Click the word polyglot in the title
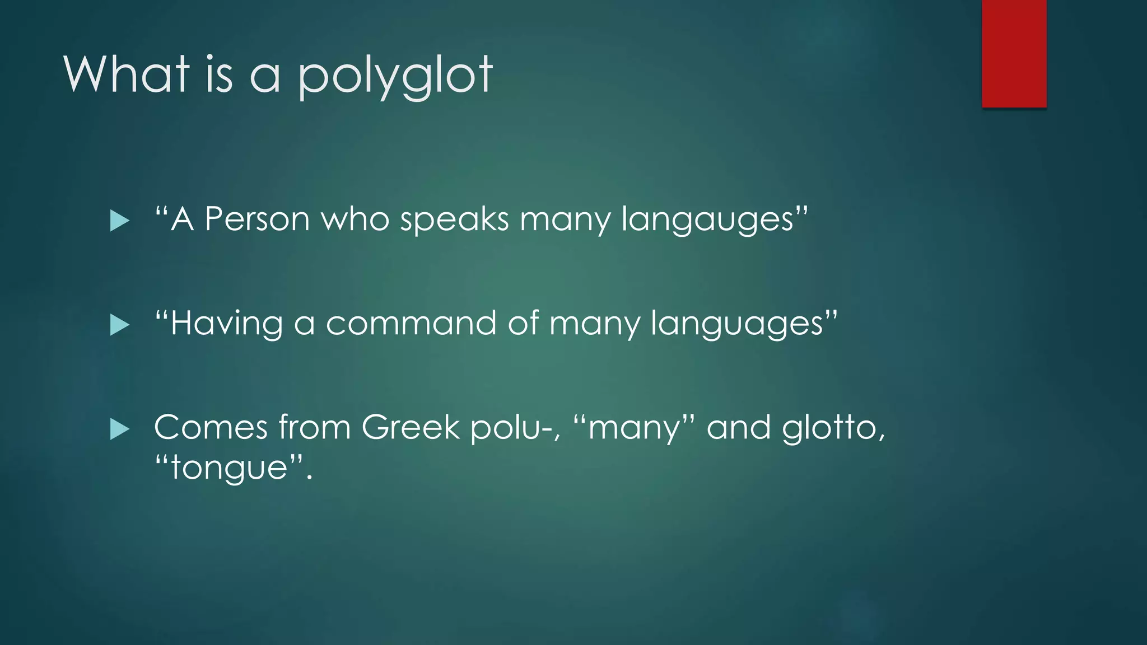pyautogui.click(x=395, y=76)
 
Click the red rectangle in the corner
pyautogui.click(x=1014, y=53)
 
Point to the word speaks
pyautogui.click(x=454, y=219)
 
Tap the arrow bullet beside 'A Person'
pyautogui.click(x=119, y=221)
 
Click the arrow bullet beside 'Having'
pyautogui.click(x=119, y=325)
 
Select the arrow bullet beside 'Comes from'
pyautogui.click(x=119, y=429)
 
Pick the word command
pyautogui.click(x=411, y=323)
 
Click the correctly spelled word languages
pyautogui.click(x=736, y=324)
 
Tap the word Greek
pyautogui.click(x=411, y=427)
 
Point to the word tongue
pyautogui.click(x=229, y=468)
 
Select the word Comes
pyautogui.click(x=211, y=427)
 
